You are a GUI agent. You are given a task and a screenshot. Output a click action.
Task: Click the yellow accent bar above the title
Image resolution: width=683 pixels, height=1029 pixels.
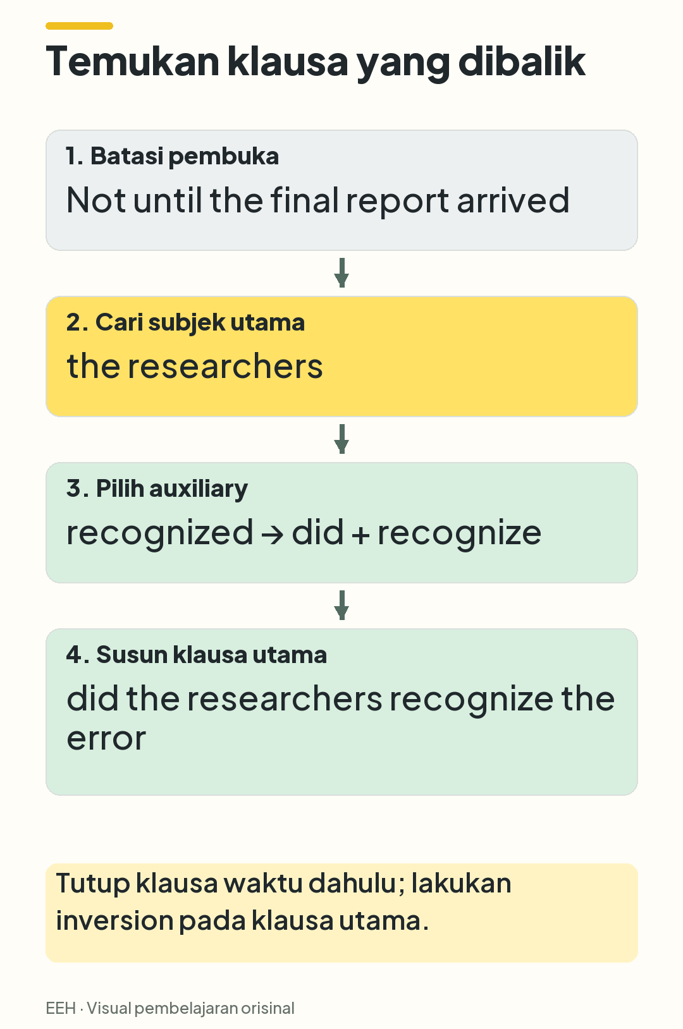pos(79,26)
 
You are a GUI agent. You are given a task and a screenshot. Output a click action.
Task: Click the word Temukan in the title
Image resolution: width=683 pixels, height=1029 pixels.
pos(132,61)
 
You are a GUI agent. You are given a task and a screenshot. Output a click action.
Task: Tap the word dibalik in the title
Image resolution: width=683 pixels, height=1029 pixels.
pos(522,61)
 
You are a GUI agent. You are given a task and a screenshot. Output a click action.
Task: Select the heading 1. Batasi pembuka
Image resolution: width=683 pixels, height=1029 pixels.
pos(172,156)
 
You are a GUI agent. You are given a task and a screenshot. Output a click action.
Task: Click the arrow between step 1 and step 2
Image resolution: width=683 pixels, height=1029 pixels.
pos(341,273)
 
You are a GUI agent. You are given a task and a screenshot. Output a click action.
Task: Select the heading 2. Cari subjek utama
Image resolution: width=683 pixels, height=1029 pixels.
pos(185,322)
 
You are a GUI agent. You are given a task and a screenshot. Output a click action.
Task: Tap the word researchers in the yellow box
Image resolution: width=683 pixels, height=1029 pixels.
pos(225,366)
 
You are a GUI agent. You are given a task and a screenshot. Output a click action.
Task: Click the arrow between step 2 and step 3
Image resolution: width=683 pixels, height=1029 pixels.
pos(341,439)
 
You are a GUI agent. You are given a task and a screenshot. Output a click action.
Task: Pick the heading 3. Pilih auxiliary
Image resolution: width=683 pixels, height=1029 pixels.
pos(157,489)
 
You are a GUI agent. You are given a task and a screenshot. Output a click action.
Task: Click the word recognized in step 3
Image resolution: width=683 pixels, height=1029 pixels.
pos(159,533)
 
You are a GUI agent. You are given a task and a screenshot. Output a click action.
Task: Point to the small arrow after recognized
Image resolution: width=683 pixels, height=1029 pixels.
pos(272,535)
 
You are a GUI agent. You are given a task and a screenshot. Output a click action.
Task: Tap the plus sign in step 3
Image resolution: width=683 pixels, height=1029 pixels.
pos(360,535)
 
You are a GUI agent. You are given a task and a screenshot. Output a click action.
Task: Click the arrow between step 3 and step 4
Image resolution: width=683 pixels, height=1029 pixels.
pos(341,606)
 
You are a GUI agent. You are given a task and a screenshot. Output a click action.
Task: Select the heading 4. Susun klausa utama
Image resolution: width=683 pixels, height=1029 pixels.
pos(196,655)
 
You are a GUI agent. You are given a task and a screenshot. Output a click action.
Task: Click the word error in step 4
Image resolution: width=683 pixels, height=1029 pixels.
pos(106,739)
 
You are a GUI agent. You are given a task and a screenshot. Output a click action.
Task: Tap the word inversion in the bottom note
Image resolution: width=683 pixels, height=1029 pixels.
pos(114,920)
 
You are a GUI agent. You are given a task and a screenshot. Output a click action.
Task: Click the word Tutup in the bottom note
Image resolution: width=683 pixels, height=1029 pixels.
pos(93,884)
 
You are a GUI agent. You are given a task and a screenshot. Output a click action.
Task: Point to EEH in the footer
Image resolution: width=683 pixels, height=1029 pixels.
pos(61,1008)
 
